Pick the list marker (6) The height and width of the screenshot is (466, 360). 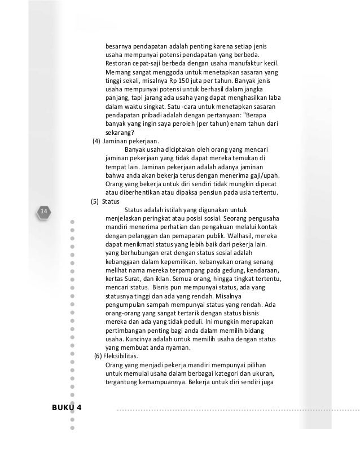pos(99,355)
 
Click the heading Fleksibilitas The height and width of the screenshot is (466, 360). pos(125,355)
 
